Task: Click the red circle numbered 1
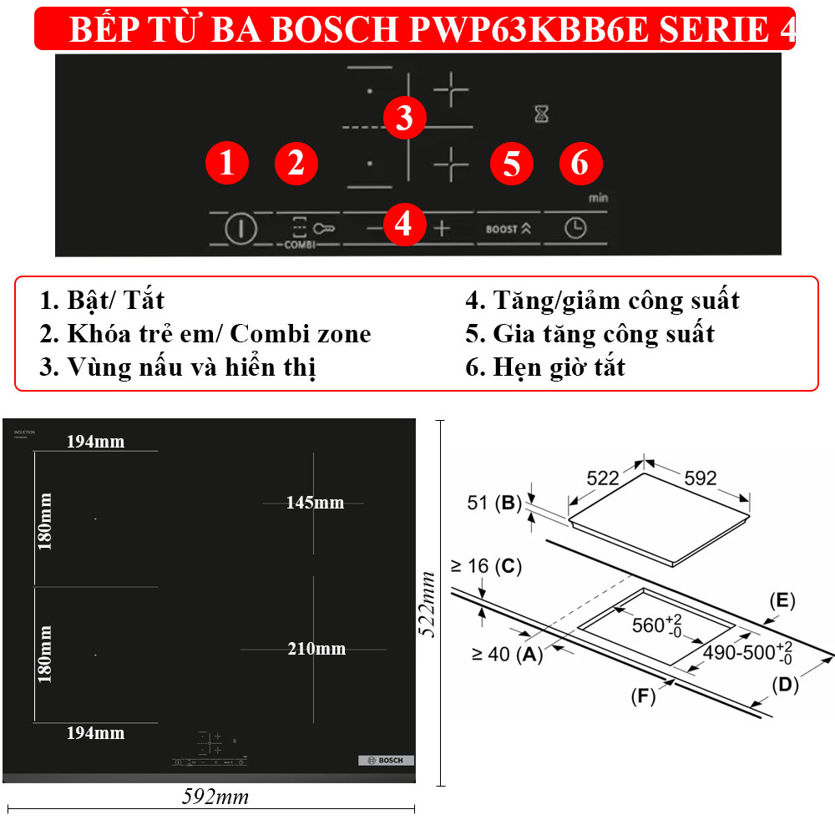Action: click(x=227, y=163)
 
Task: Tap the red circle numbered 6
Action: click(x=579, y=163)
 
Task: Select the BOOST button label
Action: click(x=509, y=228)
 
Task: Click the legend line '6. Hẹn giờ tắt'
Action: click(x=545, y=367)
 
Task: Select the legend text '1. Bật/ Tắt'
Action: click(x=102, y=300)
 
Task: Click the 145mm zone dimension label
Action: click(x=314, y=503)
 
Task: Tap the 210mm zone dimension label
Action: click(x=316, y=649)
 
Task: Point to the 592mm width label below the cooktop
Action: click(x=215, y=797)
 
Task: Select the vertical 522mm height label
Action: click(x=428, y=604)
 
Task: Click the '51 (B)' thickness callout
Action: click(x=491, y=503)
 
